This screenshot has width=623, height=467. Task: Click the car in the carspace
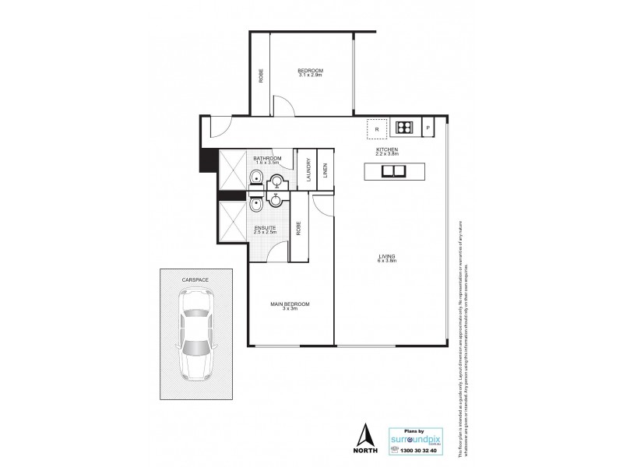click(195, 333)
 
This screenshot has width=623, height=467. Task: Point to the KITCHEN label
click(387, 149)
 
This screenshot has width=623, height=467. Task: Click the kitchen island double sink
click(395, 170)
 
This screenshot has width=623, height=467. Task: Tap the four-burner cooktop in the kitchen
click(404, 128)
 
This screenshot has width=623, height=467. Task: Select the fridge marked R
click(377, 128)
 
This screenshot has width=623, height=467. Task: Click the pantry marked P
click(428, 128)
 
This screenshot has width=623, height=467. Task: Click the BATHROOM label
click(267, 158)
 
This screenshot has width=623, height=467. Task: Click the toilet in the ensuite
click(256, 206)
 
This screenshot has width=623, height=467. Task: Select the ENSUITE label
click(266, 228)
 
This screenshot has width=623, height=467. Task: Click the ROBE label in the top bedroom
click(260, 75)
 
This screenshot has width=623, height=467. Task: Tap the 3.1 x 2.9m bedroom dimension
click(310, 76)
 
